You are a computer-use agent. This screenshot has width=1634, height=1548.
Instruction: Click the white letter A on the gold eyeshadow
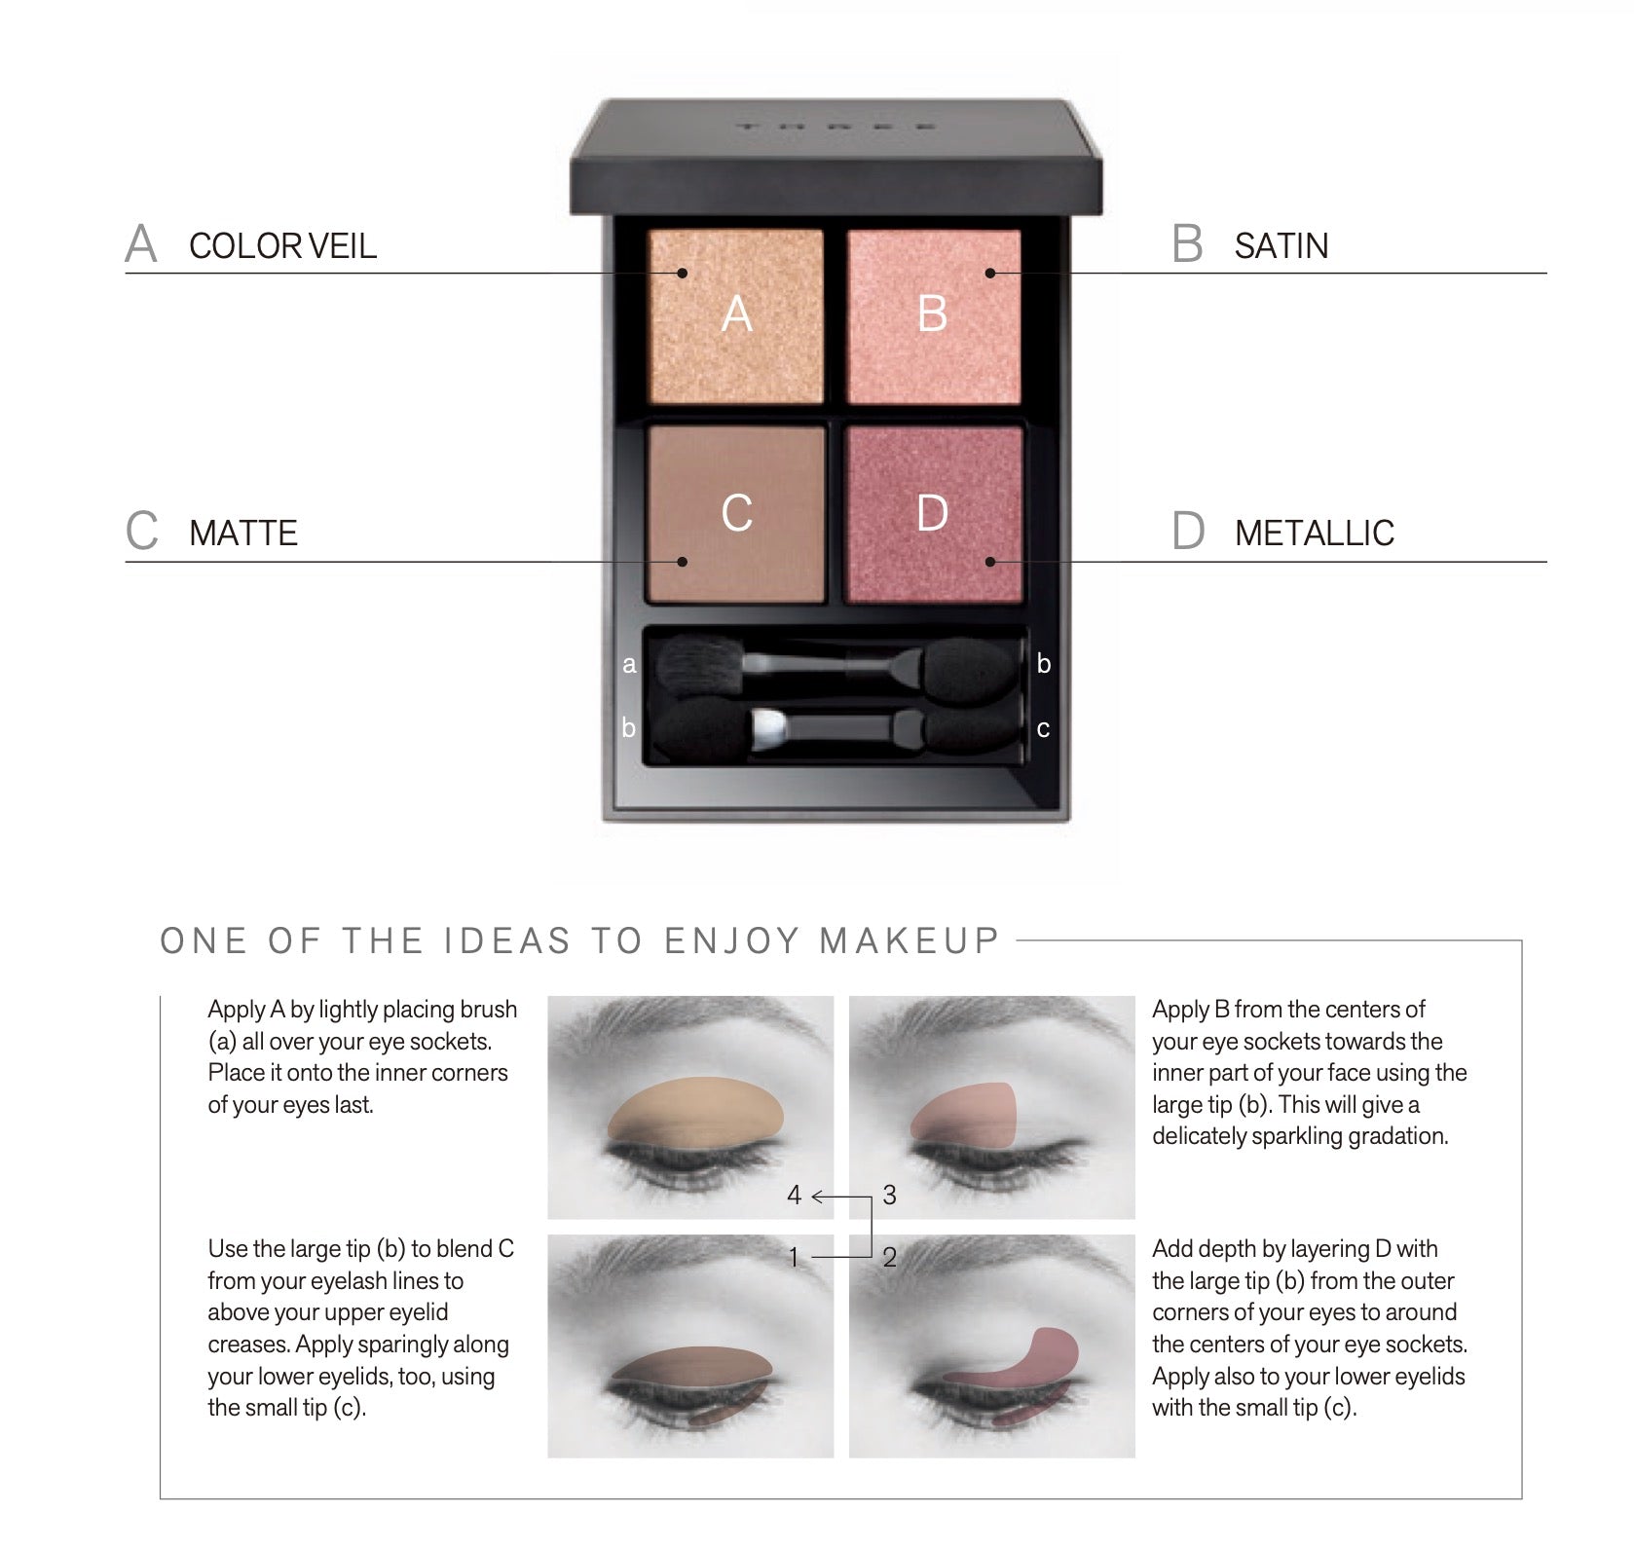pyautogui.click(x=737, y=313)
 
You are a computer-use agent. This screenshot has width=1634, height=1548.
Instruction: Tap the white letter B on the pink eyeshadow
pyautogui.click(x=933, y=313)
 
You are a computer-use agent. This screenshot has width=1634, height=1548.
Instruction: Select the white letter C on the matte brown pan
pyautogui.click(x=737, y=513)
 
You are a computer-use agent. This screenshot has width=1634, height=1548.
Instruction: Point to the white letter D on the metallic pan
pyautogui.click(x=933, y=513)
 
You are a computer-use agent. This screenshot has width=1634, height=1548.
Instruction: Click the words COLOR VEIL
pyautogui.click(x=282, y=245)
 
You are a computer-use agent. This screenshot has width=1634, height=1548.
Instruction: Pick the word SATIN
pyautogui.click(x=1281, y=245)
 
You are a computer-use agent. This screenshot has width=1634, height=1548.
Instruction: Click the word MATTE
pyautogui.click(x=243, y=533)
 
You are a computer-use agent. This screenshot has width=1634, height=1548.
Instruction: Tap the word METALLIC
pyautogui.click(x=1315, y=533)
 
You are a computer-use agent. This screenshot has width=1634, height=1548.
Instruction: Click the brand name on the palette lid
pyautogui.click(x=836, y=127)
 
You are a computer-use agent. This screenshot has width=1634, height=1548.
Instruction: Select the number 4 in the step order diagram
pyautogui.click(x=795, y=1195)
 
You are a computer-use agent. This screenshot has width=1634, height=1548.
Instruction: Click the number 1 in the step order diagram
pyautogui.click(x=794, y=1257)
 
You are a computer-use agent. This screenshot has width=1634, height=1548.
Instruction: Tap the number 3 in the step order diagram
pyautogui.click(x=889, y=1195)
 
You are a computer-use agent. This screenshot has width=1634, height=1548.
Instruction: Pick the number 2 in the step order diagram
pyautogui.click(x=889, y=1257)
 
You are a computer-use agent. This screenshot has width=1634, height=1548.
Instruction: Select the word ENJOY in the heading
pyautogui.click(x=732, y=940)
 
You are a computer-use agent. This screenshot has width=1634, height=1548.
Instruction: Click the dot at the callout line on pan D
pyautogui.click(x=990, y=562)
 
